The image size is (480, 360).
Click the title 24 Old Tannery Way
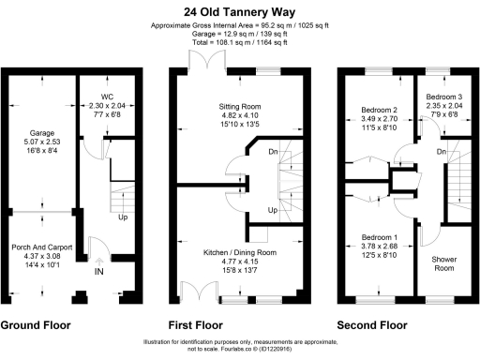239,11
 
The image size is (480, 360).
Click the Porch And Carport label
43,247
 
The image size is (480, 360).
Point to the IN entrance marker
99,272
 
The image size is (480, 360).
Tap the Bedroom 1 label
380,237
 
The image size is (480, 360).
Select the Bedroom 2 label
380,111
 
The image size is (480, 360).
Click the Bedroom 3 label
444,97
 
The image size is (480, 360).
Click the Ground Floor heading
35,326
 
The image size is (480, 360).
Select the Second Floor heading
373,326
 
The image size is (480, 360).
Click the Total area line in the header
239,42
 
